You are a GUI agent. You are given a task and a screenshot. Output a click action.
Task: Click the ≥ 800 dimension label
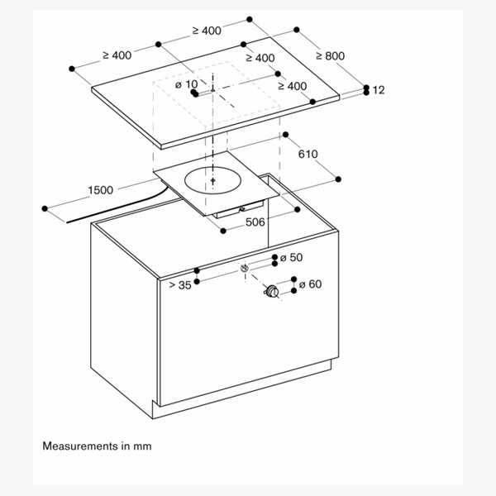coord(330,56)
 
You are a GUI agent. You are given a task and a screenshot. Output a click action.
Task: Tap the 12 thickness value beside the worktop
coord(379,90)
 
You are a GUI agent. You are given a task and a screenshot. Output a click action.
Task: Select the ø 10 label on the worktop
coord(186,84)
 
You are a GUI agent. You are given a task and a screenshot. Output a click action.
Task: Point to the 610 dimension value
coord(308,154)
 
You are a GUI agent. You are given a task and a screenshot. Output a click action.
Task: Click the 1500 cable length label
coord(99,191)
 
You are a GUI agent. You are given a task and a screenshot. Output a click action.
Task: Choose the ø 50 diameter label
coord(291,258)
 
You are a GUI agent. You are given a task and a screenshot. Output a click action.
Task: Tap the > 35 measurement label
coord(181,285)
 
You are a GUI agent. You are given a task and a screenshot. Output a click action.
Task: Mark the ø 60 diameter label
coord(309,285)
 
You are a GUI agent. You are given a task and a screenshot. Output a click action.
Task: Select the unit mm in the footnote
coord(143,446)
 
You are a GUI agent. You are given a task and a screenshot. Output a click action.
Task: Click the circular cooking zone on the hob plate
coord(213,179)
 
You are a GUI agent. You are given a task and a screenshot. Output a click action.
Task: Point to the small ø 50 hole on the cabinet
coord(245,268)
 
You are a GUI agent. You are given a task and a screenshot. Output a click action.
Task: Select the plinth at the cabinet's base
coord(248,389)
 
